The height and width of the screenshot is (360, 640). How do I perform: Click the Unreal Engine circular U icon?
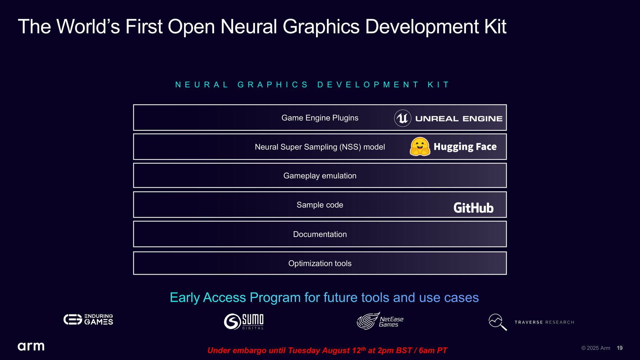403,118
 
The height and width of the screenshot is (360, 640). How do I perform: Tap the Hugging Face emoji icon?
420,147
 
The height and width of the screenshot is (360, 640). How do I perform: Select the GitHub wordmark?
473,208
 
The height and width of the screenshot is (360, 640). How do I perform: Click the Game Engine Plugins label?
320,118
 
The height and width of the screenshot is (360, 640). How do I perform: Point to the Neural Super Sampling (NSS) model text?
320,147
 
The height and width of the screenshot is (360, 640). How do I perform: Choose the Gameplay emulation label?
320,176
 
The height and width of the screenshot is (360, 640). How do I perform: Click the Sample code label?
320,205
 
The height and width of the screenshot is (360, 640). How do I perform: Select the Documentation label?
320,234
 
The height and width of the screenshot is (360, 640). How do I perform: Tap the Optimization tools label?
320,263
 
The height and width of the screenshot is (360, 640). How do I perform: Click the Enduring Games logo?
88,319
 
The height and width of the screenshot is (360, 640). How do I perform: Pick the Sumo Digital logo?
244,321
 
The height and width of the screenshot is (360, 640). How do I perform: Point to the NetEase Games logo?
380,321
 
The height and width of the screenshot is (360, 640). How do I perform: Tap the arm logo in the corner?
31,346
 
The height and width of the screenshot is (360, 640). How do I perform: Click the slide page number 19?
620,348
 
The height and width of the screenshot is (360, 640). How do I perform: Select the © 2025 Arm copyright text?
596,348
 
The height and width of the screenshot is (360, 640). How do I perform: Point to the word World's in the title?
88,26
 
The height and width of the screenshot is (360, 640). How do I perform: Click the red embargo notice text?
327,350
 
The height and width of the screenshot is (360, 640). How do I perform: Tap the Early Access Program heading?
324,297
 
